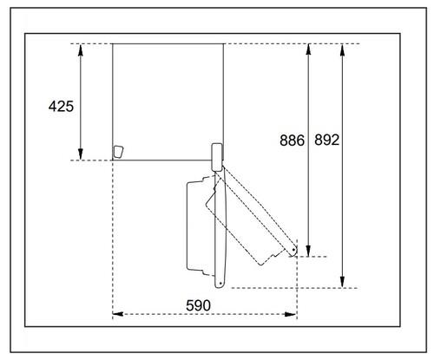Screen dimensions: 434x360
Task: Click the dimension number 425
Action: [61, 107]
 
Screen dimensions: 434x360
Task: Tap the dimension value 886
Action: [292, 141]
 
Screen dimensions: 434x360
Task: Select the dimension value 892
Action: [326, 140]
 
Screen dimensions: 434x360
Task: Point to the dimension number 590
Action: [198, 305]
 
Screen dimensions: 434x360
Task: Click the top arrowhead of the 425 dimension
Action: [81, 49]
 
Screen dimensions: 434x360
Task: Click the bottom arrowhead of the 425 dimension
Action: [81, 154]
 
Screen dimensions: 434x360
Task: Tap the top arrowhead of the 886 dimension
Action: [308, 49]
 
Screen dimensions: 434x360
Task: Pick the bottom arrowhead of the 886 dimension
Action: [308, 251]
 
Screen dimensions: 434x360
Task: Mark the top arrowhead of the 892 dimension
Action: [342, 49]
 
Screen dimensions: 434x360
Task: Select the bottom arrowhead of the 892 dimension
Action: [342, 282]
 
